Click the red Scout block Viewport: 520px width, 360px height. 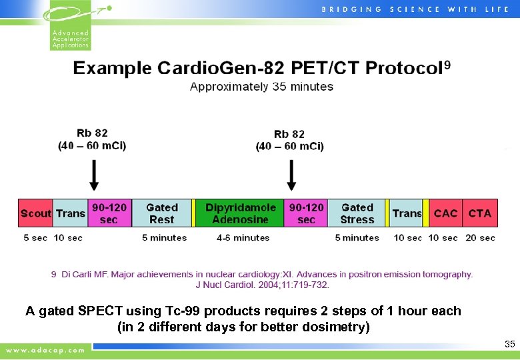tap(35, 213)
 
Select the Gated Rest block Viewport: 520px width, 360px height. tap(161, 213)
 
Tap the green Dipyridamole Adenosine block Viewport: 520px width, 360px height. tap(240, 213)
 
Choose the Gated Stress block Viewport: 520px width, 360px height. tap(357, 213)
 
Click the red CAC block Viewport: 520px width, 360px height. tap(445, 213)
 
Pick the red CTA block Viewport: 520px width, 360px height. tap(479, 213)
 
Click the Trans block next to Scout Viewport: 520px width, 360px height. tap(70, 213)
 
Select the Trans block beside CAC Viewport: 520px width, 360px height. tap(407, 213)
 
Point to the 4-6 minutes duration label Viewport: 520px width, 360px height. tap(243, 238)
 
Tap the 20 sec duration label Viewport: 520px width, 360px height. tap(479, 238)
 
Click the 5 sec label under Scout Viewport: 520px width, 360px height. tap(35, 238)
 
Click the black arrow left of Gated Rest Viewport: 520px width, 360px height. tap(94, 175)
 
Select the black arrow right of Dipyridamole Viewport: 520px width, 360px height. tap(291, 175)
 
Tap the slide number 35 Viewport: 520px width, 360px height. tap(510, 345)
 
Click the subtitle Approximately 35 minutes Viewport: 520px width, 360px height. tap(261, 87)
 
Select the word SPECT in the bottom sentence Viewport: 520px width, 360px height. tap(101, 311)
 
